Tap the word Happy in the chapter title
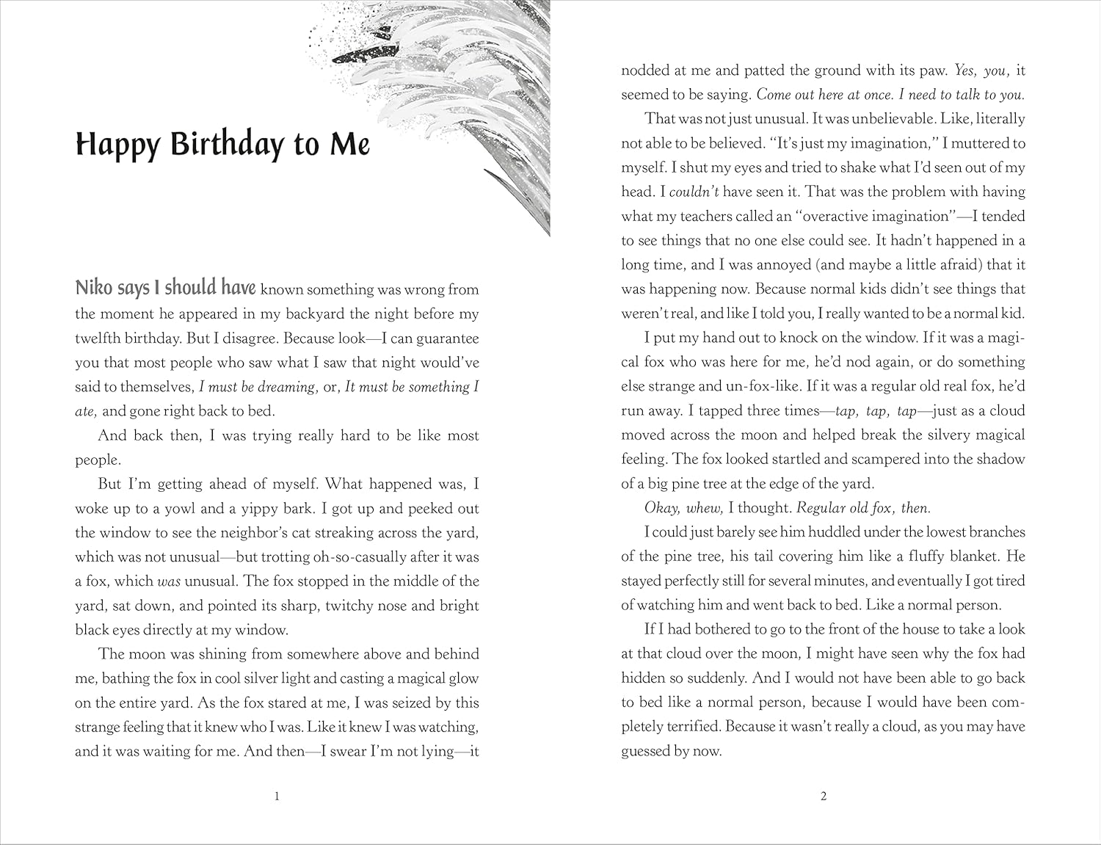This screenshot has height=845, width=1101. (x=117, y=145)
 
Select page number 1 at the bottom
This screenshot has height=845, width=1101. (x=277, y=796)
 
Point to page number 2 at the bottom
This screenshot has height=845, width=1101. (x=824, y=796)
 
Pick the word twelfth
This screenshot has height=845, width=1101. (x=101, y=338)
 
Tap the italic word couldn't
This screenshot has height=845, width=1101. (x=694, y=192)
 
